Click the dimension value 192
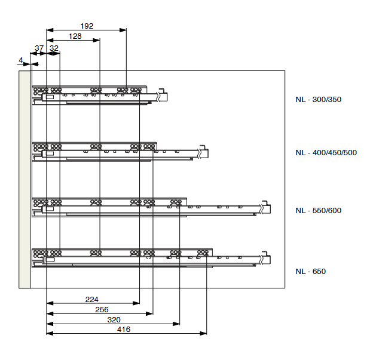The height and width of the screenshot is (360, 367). [87, 26]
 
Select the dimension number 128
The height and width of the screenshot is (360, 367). [75, 36]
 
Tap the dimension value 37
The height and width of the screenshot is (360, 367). [39, 48]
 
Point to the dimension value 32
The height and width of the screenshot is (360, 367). [54, 48]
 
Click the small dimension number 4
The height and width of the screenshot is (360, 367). [21, 60]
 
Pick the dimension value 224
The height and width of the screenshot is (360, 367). [92, 300]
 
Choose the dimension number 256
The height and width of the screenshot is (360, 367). [102, 309]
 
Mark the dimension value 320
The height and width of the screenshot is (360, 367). [114, 319]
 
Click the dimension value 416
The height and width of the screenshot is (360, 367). [124, 330]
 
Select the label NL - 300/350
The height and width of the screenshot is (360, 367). [319, 100]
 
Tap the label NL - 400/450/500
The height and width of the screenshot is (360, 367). [326, 153]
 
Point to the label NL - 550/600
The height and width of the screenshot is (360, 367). [319, 210]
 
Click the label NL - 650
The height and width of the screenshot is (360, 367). [311, 272]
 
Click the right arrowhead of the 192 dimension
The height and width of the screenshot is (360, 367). [123, 30]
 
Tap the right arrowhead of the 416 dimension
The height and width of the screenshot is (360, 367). [203, 333]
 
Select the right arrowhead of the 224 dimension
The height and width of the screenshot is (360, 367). [136, 303]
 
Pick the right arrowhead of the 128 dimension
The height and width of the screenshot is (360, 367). [96, 40]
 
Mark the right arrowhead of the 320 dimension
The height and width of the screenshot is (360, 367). [176, 324]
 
